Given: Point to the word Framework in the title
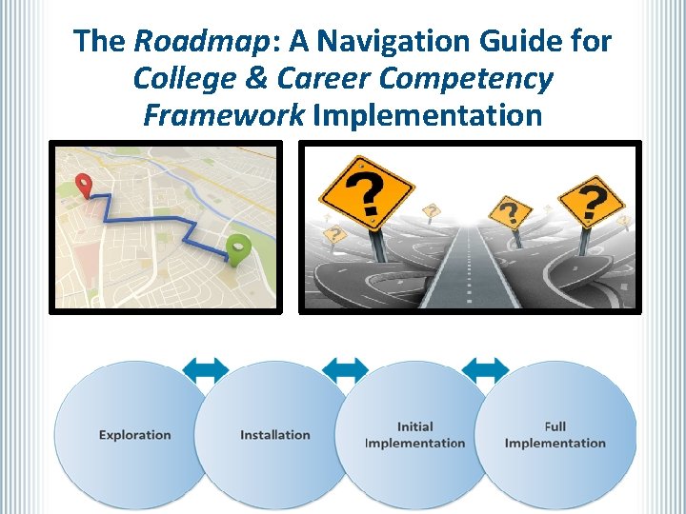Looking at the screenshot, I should [x=223, y=115].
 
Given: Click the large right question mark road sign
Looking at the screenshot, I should [x=591, y=199].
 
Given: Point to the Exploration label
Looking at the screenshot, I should [x=134, y=435].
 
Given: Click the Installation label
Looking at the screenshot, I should [x=274, y=435].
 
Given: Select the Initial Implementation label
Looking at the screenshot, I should [x=414, y=435].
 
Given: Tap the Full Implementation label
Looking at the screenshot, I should [x=555, y=435].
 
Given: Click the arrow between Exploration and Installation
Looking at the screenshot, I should [x=205, y=369].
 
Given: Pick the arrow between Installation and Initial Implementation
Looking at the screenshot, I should [x=345, y=369].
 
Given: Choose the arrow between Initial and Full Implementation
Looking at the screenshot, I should [x=485, y=369].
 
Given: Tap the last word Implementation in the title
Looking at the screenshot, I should [x=427, y=115].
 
